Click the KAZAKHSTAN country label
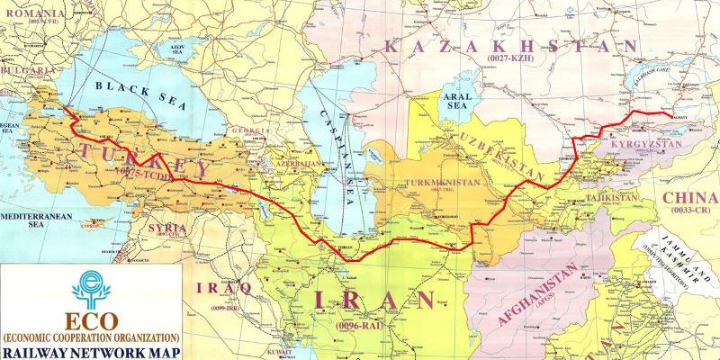click(x=508, y=47)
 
